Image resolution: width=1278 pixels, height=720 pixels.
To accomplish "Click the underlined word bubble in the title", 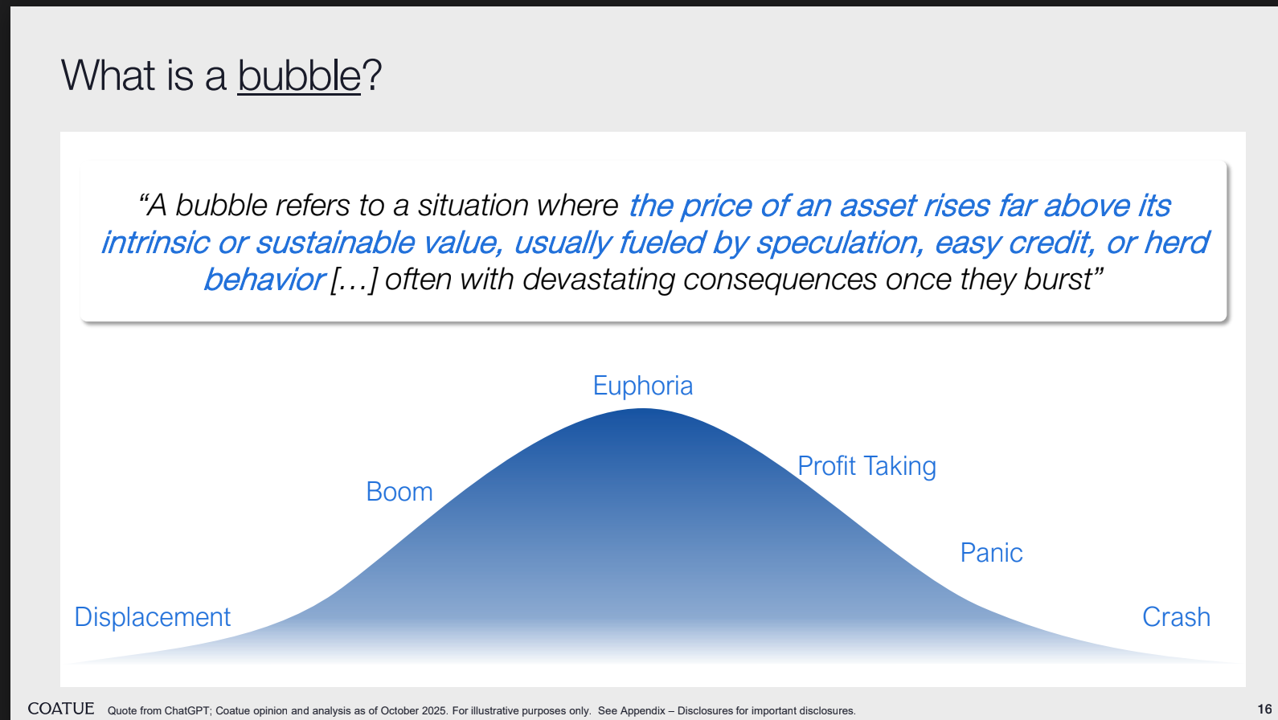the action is [299, 76].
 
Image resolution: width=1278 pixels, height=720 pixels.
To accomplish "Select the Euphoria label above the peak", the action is [643, 387].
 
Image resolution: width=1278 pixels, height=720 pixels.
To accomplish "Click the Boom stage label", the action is [399, 492].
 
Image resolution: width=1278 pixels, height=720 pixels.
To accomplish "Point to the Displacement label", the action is [153, 617].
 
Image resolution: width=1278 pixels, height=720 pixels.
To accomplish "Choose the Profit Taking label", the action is [866, 466].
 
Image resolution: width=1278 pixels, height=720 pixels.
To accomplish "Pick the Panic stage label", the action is [992, 553].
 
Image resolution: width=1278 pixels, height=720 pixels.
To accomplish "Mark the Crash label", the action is [1176, 617].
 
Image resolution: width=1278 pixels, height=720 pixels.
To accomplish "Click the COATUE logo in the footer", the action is [61, 709].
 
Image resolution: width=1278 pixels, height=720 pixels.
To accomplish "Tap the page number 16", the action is [1264, 710].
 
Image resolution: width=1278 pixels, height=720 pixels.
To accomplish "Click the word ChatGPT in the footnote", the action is [187, 711].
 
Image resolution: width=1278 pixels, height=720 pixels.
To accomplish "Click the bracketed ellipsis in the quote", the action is [354, 280].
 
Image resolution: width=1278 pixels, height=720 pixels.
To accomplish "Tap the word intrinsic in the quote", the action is [154, 243].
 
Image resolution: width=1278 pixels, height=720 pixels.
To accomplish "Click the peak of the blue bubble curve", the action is [643, 408].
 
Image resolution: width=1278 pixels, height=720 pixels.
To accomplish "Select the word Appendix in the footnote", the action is [642, 711].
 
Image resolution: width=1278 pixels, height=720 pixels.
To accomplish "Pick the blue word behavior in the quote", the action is [264, 280].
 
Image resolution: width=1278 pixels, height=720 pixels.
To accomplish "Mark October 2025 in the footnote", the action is [414, 711].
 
